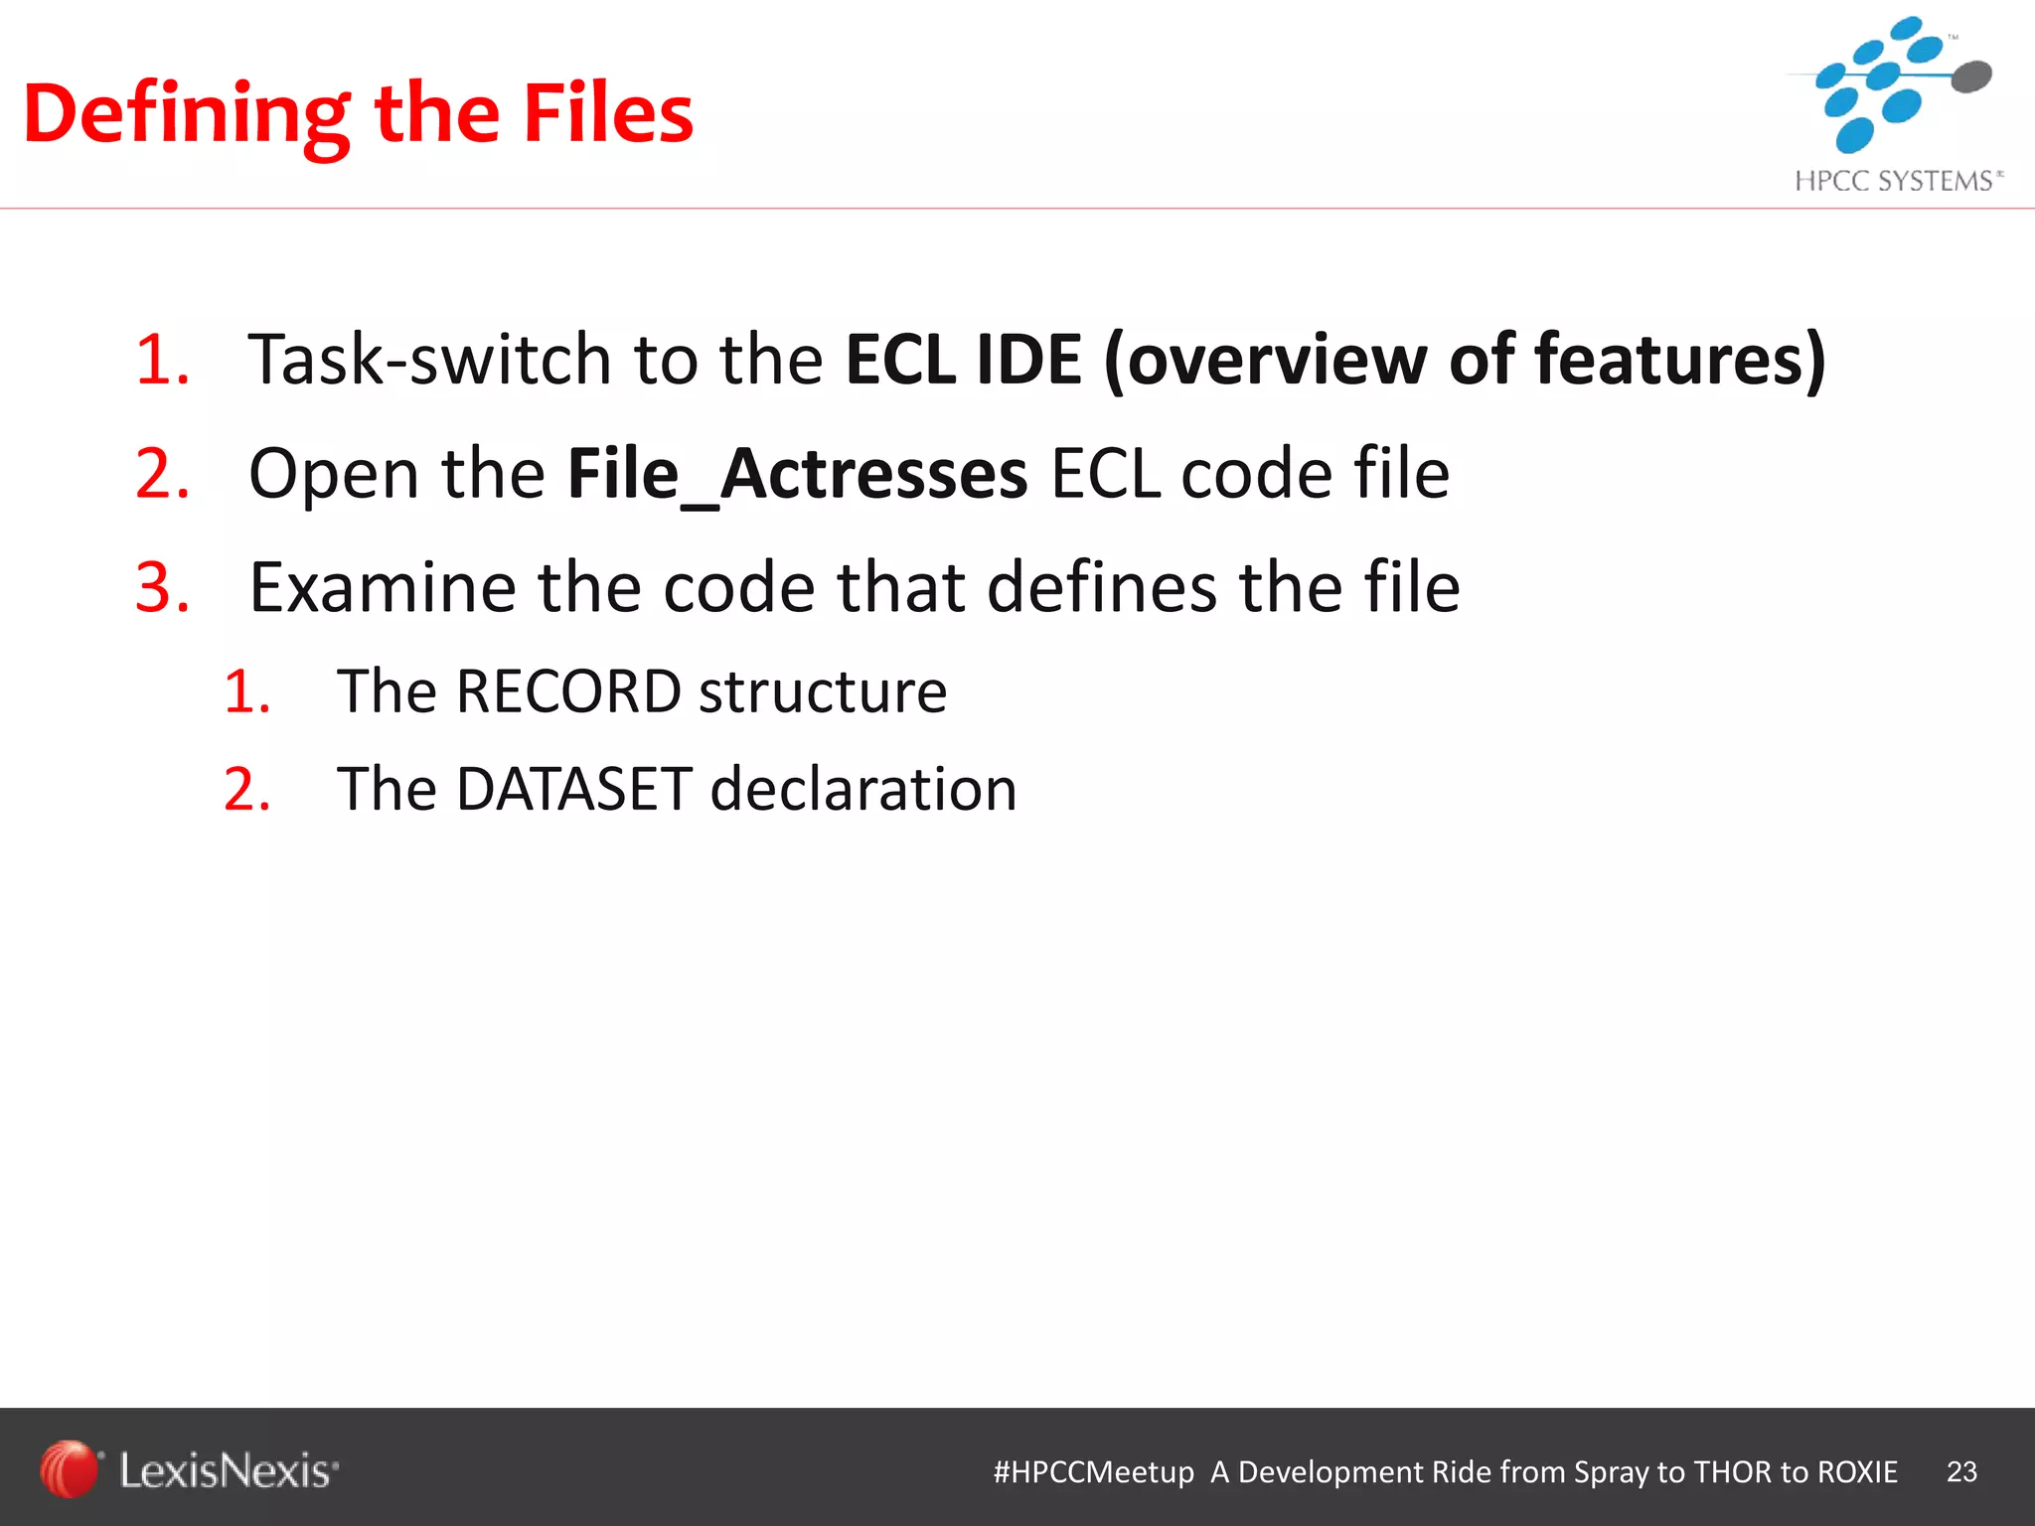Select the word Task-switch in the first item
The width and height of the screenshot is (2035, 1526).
click(429, 359)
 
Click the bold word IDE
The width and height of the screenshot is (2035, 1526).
click(1028, 359)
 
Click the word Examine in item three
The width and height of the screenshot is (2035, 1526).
click(383, 587)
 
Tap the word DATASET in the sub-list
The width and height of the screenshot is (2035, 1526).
click(573, 789)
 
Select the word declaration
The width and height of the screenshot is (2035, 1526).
click(863, 789)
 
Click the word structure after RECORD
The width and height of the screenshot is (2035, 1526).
click(823, 690)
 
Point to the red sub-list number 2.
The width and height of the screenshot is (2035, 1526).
click(246, 790)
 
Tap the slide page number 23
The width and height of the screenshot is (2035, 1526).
click(1961, 1471)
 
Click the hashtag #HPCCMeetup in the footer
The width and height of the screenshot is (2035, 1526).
click(1093, 1471)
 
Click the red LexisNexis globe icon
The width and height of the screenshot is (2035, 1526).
click(69, 1468)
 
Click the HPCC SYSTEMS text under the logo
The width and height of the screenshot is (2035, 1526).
click(1893, 181)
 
